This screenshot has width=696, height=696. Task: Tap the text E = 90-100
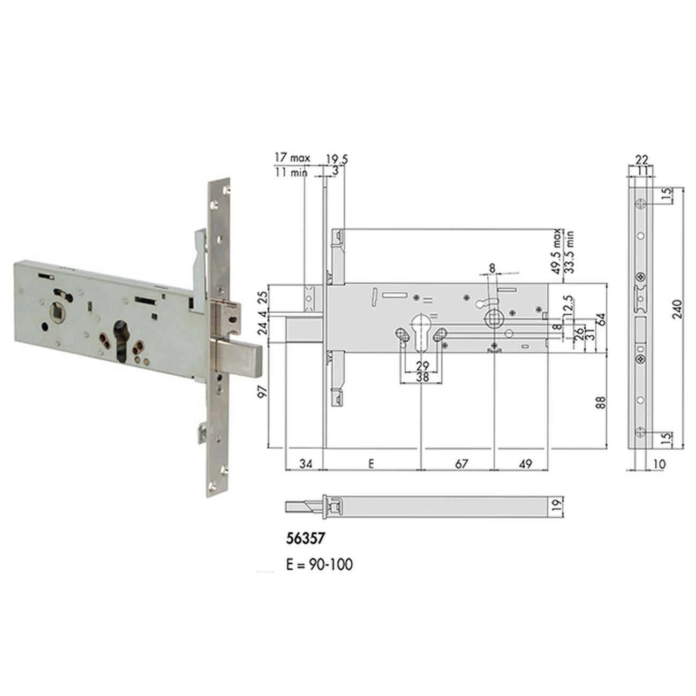319,564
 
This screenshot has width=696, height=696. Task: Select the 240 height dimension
679,309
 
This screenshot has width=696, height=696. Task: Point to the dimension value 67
461,464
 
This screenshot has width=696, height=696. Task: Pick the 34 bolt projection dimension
306,464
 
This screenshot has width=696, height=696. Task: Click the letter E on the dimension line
371,464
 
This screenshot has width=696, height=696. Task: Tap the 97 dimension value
263,392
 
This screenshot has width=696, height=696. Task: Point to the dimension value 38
422,377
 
